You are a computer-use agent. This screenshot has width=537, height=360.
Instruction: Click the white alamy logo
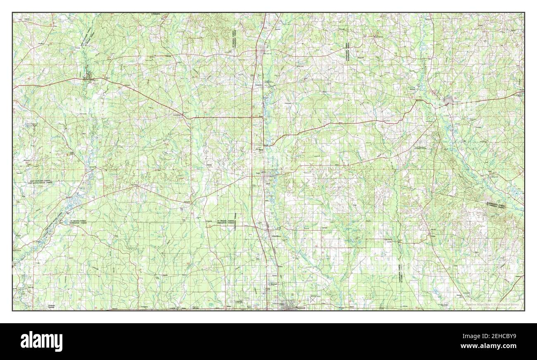tap(41, 341)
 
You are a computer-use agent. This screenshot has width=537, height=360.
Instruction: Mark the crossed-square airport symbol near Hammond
tap(314, 298)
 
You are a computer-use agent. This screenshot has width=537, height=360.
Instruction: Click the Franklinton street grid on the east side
tap(449, 100)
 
